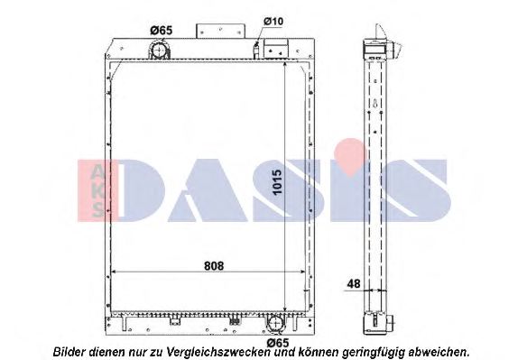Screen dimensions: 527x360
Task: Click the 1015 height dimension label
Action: click(277, 182)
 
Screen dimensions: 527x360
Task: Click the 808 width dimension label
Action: click(214, 266)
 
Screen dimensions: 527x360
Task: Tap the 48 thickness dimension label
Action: click(353, 284)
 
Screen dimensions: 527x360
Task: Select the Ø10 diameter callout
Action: click(273, 22)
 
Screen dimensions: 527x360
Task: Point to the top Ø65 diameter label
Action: click(161, 31)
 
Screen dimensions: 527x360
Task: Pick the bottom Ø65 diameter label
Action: click(278, 343)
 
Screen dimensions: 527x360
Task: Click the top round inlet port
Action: click(160, 51)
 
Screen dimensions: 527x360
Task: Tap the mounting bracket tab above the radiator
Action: click(220, 32)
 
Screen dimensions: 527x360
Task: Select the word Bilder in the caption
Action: click(69, 352)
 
